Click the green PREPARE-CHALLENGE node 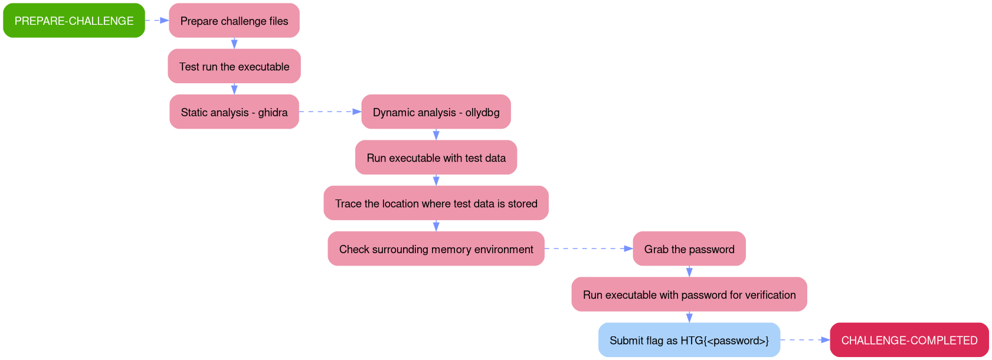point(74,21)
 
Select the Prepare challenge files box point(234,21)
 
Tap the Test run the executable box point(234,66)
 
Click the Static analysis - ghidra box point(234,112)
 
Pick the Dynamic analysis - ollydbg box point(436,112)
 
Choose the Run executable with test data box point(436,158)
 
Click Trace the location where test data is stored point(436,203)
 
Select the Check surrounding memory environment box point(436,249)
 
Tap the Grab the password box point(689,249)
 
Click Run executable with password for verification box point(689,294)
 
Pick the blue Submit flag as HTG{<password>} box point(689,340)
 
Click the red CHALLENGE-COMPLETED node point(909,340)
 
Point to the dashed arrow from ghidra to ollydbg point(330,112)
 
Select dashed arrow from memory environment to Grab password point(588,248)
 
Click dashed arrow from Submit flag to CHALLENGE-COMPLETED point(805,340)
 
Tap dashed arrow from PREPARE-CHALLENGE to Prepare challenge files point(157,20)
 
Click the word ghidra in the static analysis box point(273,113)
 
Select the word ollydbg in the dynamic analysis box point(482,113)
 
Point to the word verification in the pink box point(770,295)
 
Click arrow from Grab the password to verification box point(689,271)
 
